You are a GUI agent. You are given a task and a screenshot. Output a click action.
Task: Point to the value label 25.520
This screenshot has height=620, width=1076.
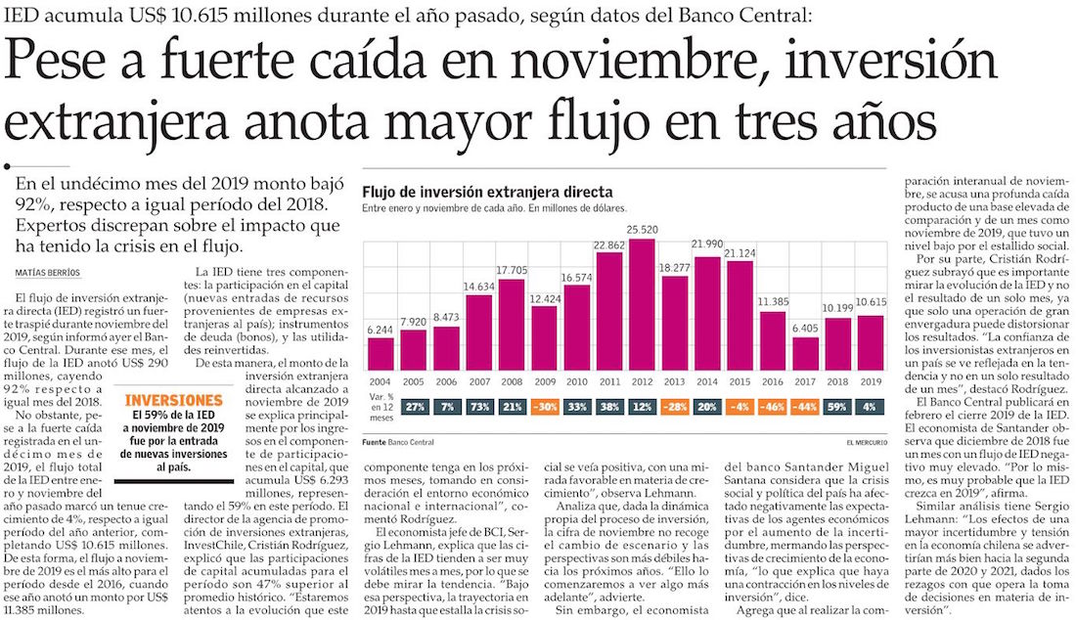[642, 229]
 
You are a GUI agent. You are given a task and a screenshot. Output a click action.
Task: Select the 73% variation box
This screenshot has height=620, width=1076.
[478, 405]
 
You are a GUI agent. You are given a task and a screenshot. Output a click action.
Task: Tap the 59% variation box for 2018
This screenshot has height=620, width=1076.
[838, 405]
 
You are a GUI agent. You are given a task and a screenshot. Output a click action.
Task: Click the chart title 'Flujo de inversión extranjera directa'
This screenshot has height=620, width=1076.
[487, 192]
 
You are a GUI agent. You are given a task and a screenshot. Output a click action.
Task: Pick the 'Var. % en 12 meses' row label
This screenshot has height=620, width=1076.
[381, 405]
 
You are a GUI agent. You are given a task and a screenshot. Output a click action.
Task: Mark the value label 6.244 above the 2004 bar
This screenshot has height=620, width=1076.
[381, 330]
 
